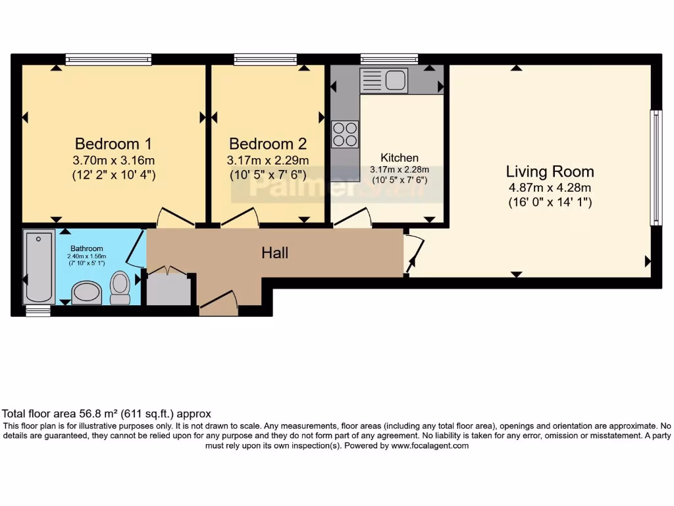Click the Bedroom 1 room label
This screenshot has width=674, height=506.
coord(107,144)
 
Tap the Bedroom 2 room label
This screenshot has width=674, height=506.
coord(267,144)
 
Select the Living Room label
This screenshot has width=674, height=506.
coord(550,172)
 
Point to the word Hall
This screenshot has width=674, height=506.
coord(274,252)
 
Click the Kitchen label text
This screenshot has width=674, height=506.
coord(400,158)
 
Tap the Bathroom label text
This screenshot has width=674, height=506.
coord(87,248)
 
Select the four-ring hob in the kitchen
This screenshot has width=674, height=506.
coord(345,134)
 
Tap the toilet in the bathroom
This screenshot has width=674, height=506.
coord(120,287)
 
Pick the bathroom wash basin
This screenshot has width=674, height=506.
coord(86,292)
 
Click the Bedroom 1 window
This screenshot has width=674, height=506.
coord(108,60)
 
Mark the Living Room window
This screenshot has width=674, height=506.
coord(656,168)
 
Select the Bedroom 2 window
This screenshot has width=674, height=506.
coord(265,60)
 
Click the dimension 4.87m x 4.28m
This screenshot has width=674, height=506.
coord(550,188)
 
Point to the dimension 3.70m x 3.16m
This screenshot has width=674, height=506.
coord(114,160)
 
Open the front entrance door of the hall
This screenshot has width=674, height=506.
coord(219,304)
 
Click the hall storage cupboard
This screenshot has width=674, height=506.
coord(168,290)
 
